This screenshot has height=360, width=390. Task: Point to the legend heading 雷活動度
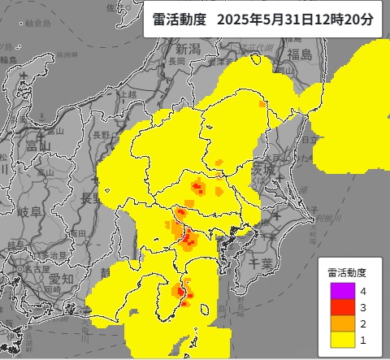(348, 272)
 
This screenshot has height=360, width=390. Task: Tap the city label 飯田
(78, 233)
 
